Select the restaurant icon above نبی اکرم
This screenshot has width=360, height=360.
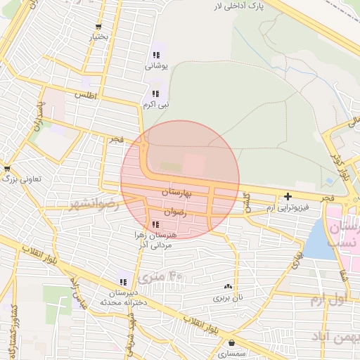click(x=155, y=94)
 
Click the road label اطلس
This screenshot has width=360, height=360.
click(x=86, y=94)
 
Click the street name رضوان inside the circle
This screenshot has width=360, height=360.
click(x=174, y=211)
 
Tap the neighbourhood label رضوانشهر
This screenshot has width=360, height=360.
click(x=95, y=205)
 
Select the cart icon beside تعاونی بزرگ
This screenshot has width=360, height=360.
click(x=7, y=169)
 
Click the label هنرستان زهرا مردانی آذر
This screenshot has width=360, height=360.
click(x=150, y=238)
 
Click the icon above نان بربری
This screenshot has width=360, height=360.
click(x=227, y=286)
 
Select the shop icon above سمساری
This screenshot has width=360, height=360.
click(x=231, y=343)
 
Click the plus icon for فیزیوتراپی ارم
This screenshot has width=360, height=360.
click(x=288, y=196)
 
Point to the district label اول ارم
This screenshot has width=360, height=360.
click(x=328, y=300)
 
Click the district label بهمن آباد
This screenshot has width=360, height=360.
click(x=342, y=338)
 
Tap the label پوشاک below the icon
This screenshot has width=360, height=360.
click(x=157, y=66)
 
